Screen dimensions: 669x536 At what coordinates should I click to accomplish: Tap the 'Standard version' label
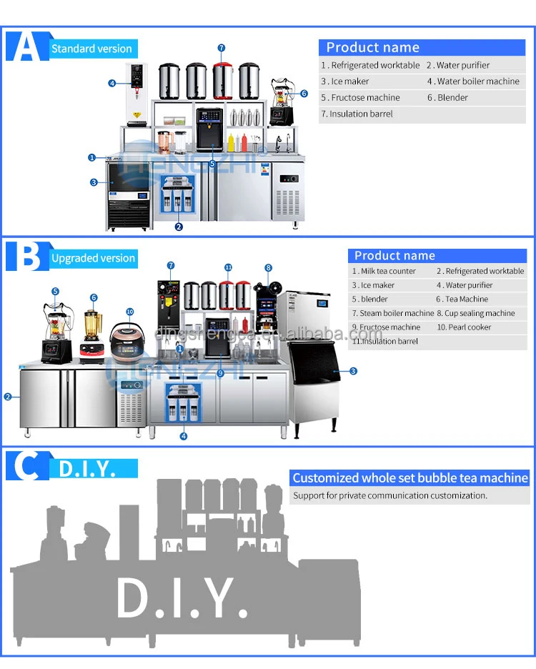pos(91,49)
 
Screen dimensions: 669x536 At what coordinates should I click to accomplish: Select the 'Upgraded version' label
pos(93,258)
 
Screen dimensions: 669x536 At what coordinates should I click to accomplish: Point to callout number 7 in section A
pos(222,48)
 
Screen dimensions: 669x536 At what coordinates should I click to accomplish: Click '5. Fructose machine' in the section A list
pos(360,97)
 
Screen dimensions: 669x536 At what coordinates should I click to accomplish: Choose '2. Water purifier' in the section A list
pos(458,65)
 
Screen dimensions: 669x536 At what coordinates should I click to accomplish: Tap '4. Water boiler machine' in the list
pos(473,81)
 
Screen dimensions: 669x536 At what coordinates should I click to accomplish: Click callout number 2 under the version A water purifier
pos(179,227)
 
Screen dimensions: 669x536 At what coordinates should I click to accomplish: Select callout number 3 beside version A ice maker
pos(94,182)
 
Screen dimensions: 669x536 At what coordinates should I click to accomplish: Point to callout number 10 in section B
pos(129,312)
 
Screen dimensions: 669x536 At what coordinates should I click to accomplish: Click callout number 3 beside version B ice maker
pos(353,371)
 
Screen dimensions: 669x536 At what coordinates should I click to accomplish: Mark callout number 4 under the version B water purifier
pos(184,435)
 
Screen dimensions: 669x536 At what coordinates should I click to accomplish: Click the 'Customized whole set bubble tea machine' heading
pos(410,478)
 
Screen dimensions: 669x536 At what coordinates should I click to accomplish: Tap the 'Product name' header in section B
pos(394,255)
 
